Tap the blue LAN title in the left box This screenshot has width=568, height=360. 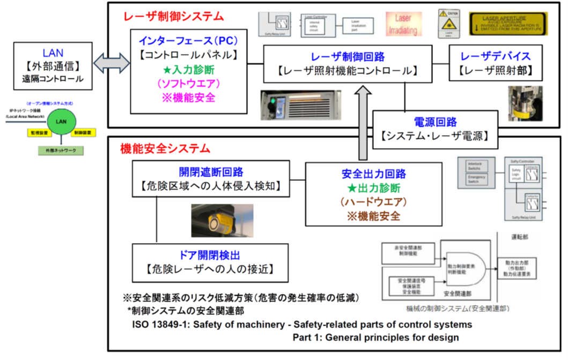[53, 53]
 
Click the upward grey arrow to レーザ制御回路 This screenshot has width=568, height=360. [363, 113]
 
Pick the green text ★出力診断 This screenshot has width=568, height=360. [366, 188]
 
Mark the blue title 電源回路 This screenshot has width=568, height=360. [434, 122]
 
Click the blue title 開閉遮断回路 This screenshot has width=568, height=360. [211, 172]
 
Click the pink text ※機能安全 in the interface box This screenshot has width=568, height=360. [183, 98]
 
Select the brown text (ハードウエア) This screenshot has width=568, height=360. [366, 203]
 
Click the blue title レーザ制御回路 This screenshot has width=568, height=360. [348, 56]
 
